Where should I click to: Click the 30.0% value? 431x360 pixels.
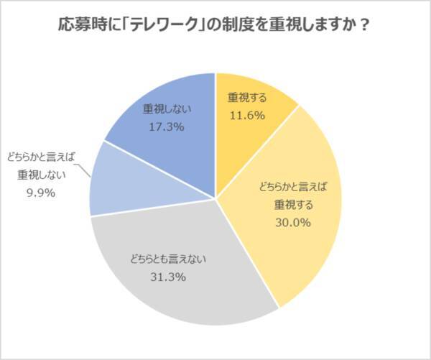[292, 223]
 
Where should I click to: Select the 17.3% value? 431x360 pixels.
[163, 126]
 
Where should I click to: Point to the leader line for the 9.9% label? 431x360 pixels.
[84, 172]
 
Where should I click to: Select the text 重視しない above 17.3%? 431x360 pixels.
[163, 109]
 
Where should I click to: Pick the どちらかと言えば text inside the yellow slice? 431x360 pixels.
[292, 186]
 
